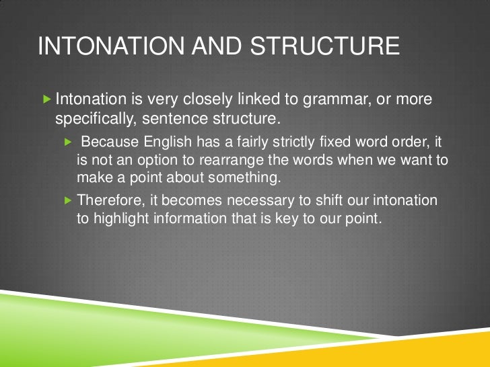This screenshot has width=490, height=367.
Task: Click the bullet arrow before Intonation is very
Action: click(x=46, y=100)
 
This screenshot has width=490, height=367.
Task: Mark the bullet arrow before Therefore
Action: click(x=68, y=200)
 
